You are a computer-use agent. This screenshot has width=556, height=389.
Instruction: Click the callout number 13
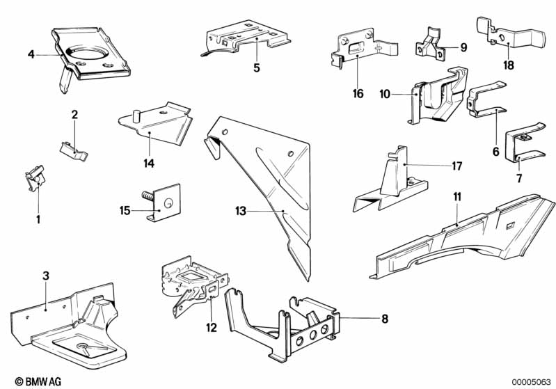241,211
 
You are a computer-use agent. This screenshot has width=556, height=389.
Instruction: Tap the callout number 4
31,54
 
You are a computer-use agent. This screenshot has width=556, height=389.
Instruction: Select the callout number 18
509,65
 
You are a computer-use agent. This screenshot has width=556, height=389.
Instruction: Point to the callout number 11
457,197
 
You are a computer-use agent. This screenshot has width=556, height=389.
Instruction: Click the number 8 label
385,319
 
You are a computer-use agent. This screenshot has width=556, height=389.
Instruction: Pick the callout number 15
125,211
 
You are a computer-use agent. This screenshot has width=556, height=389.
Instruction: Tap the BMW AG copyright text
38,381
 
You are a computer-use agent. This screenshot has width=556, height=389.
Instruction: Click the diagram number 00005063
531,382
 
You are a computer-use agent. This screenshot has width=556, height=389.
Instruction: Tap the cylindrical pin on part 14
136,116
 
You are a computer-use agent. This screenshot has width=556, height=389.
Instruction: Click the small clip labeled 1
35,177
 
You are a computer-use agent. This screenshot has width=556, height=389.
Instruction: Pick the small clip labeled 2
73,151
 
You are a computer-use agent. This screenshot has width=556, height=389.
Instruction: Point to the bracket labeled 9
430,45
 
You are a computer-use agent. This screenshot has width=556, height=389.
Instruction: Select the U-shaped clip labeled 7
524,142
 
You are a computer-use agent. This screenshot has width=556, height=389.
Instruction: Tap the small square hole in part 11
510,225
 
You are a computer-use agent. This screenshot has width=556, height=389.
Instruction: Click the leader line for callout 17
427,165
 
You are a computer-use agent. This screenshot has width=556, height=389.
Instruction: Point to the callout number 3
46,276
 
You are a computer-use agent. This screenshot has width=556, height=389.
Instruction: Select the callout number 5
257,68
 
